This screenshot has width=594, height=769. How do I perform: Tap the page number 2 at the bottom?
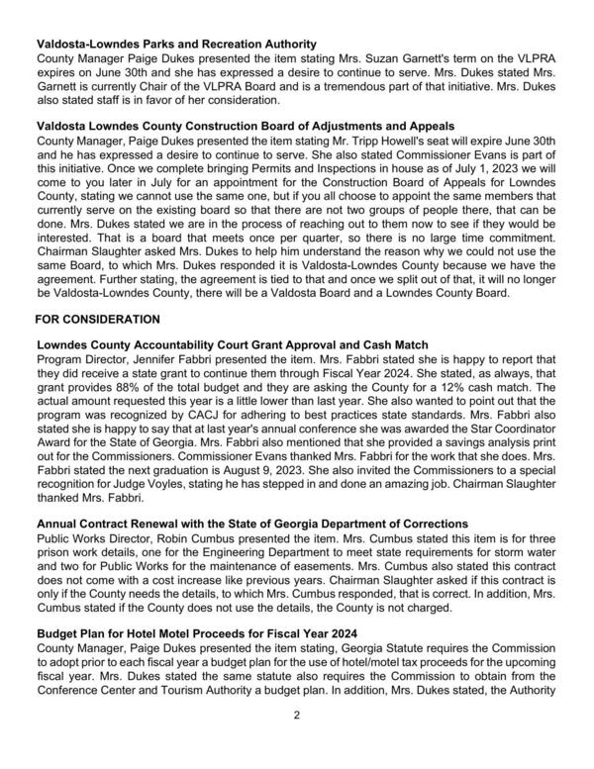(296, 741)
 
